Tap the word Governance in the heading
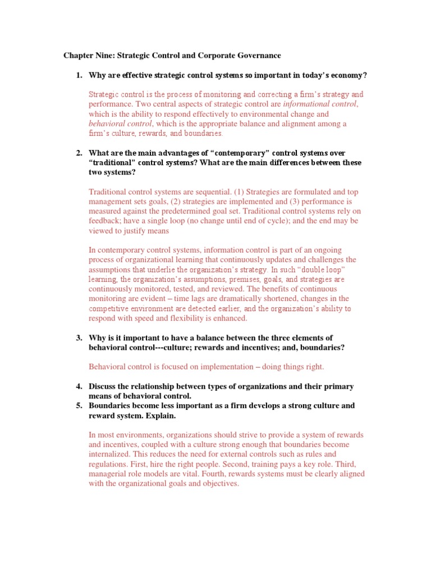[258, 56]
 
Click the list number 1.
[79, 75]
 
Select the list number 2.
[79, 153]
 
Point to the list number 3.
[79, 338]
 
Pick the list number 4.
[79, 386]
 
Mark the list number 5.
[79, 405]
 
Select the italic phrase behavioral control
[120, 124]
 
